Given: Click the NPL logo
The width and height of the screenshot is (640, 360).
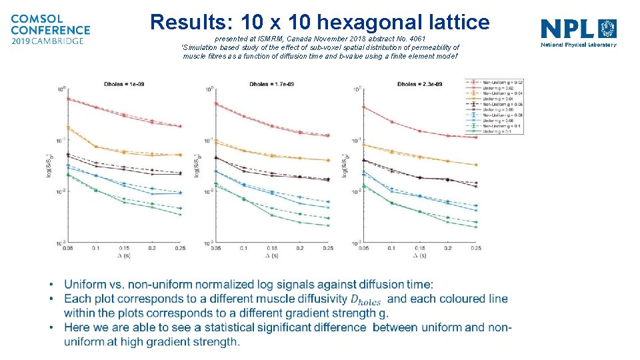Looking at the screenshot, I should pos(578,32).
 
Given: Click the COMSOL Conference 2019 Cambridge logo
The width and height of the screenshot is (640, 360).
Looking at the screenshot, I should pos(50,29).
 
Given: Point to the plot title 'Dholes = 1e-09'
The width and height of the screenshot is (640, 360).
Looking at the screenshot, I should pos(124,85).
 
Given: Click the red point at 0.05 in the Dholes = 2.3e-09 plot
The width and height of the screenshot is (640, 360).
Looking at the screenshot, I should pos(363,107).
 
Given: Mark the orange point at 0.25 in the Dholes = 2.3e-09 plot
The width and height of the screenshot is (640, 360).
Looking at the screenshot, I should pos(476,165).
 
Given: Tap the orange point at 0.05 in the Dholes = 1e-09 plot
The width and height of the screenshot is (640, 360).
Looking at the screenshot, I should pos(68,127).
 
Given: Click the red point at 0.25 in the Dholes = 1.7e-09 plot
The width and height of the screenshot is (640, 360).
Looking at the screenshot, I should pos(328,135).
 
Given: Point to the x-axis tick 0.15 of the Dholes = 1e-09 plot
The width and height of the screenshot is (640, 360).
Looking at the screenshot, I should pos(124,248).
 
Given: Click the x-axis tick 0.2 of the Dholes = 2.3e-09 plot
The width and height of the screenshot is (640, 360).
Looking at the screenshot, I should pos(447,248).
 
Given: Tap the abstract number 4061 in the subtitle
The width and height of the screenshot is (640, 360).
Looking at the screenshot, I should pos(416,39).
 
